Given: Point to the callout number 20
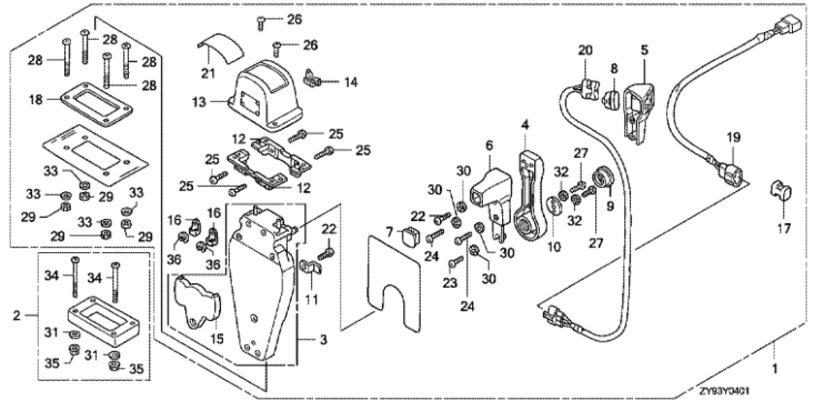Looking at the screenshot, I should (x=585, y=49).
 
